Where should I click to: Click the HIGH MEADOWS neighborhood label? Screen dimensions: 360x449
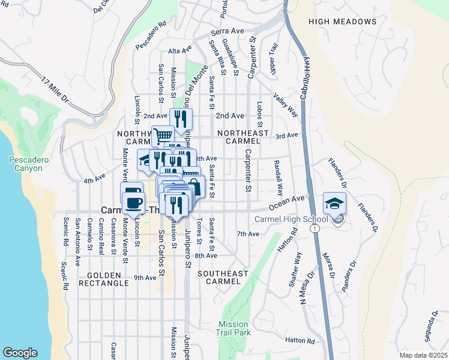point(343,22)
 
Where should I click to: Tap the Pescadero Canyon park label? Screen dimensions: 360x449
point(26,164)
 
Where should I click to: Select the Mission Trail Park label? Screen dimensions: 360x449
point(234,328)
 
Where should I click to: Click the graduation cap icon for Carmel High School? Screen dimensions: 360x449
point(334,202)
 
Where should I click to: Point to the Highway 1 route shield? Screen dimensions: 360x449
point(314,229)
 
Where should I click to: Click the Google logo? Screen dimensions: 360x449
point(20,353)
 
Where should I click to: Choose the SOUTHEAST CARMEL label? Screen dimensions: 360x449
point(223,278)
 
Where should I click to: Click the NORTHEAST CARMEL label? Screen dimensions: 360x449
point(239,136)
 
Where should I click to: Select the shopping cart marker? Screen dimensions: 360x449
point(163,136)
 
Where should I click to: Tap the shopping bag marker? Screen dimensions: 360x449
point(194,186)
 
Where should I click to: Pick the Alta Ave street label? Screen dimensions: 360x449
point(179,51)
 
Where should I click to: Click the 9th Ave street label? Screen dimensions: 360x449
point(145,278)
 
